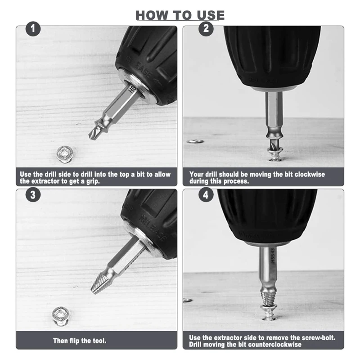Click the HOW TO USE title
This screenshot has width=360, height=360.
pyautogui.click(x=180, y=15)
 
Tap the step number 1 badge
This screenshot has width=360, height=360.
pyautogui.click(x=33, y=29)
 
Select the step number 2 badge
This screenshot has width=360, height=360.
pyautogui.click(x=206, y=29)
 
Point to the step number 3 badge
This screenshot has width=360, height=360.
pyautogui.click(x=33, y=195)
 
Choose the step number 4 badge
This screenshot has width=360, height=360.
pyautogui.click(x=206, y=195)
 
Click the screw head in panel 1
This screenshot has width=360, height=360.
pyautogui.click(x=65, y=154)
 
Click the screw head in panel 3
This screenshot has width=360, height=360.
pyautogui.click(x=61, y=315)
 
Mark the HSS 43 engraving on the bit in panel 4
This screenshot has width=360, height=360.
pyautogui.click(x=273, y=255)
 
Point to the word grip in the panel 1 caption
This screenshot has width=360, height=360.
pyautogui.click(x=93, y=182)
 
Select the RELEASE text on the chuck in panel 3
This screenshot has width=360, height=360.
pyautogui.click(x=153, y=228)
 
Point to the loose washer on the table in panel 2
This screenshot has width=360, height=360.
pyautogui.click(x=195, y=141)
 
